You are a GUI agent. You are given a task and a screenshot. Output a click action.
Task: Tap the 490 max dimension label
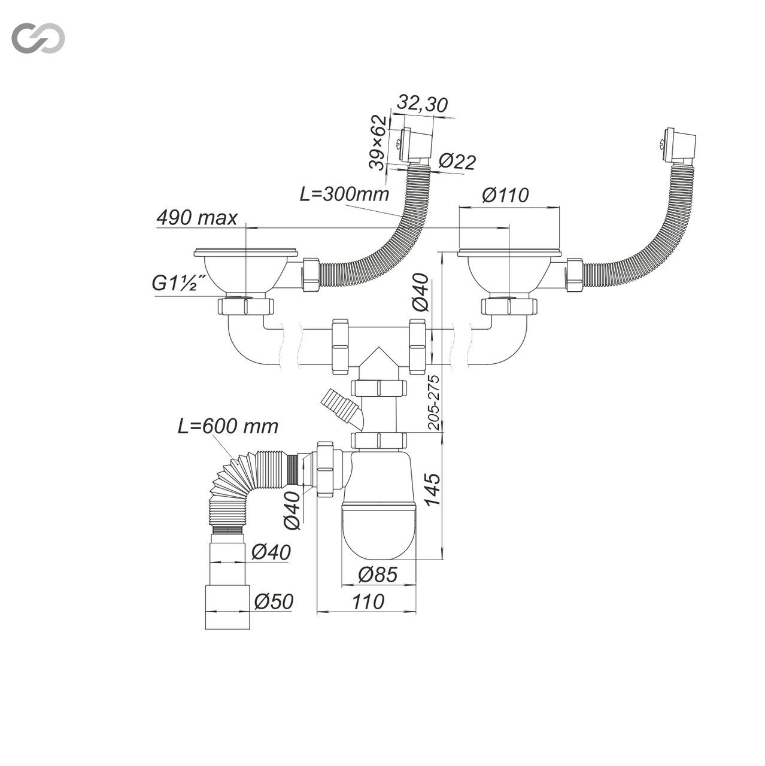pos(197,218)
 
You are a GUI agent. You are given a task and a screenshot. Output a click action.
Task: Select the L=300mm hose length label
pos(345,194)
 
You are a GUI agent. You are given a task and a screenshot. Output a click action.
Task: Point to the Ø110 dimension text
pos(505,195)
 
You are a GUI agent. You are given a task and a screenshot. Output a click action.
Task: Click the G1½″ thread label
pos(180,283)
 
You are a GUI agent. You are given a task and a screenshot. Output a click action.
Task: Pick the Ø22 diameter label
pos(457,162)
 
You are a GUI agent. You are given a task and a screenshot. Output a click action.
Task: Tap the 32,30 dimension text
pos(423,105)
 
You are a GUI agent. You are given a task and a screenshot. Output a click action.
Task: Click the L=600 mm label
pos(228,426)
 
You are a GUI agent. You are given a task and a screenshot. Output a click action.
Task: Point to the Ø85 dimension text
pos(378,574)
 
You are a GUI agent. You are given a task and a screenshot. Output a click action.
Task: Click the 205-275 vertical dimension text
pos(435,402)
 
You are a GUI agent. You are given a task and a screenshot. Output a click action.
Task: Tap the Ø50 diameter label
pos(273,601)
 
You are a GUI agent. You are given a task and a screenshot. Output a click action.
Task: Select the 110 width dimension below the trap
pos(368,601)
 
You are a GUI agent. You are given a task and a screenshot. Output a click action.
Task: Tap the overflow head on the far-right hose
pos(678,144)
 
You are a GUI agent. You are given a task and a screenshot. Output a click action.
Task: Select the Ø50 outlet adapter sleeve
pos(227,607)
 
